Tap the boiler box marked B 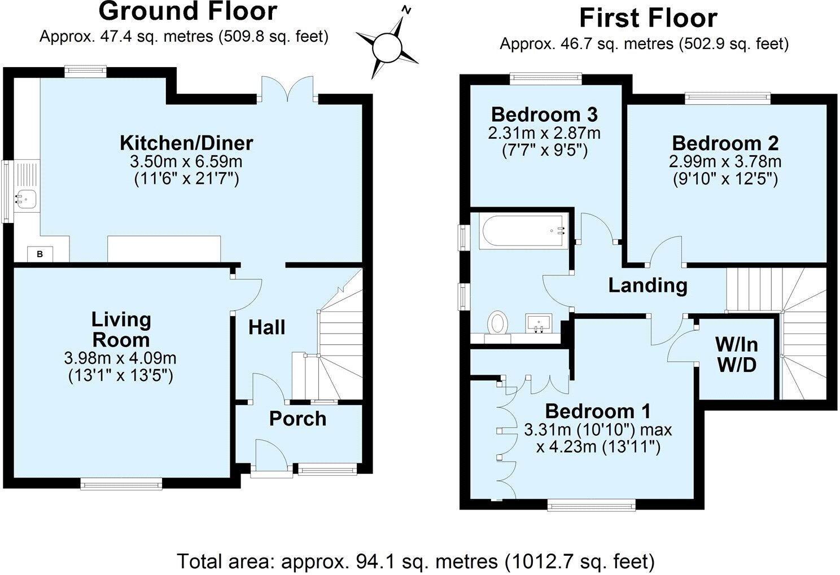pyautogui.click(x=40, y=254)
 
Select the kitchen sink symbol pyautogui.click(x=26, y=197)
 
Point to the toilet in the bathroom pyautogui.click(x=498, y=323)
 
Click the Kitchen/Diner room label pyautogui.click(x=186, y=143)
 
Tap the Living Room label pyautogui.click(x=121, y=330)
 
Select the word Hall pyautogui.click(x=267, y=327)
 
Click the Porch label pyautogui.click(x=297, y=419)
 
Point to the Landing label pyautogui.click(x=648, y=285)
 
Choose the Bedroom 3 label pyautogui.click(x=544, y=115)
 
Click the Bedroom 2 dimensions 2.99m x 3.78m pyautogui.click(x=725, y=162)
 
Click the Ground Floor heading pyautogui.click(x=188, y=11)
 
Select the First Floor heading pyautogui.click(x=648, y=19)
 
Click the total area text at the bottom pyautogui.click(x=416, y=561)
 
